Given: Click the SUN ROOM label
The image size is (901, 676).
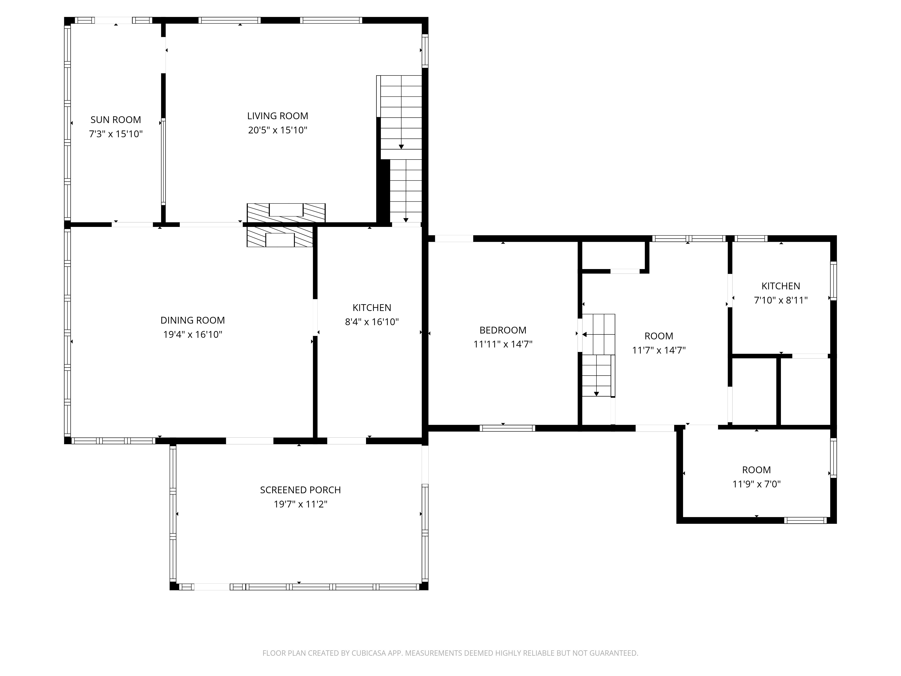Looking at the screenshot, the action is click(116, 120).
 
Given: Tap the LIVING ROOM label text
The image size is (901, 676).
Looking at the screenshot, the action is click(277, 116).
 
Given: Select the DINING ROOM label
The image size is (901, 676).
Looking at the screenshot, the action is click(193, 320).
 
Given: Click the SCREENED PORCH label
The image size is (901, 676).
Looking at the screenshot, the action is click(300, 490).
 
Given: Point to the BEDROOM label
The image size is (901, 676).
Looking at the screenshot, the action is click(503, 330).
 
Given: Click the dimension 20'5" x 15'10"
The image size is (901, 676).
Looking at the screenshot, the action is click(277, 130).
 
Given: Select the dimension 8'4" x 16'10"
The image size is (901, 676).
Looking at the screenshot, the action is click(371, 322).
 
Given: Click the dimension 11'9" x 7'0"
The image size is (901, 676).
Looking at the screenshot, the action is click(756, 484).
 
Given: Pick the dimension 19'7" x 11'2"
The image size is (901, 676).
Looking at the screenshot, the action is click(300, 504).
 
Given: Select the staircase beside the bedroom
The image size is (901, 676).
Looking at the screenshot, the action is click(598, 355).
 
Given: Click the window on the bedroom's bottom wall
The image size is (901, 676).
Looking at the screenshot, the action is click(507, 428).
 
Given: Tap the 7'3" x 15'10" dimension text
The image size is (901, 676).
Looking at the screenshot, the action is click(116, 134).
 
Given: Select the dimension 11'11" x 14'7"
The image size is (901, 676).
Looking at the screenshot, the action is click(503, 344).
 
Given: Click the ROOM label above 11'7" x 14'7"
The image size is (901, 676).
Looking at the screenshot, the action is click(659, 336).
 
